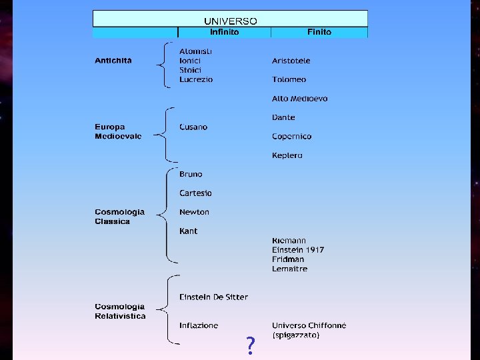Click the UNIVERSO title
[230, 21]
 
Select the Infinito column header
[224, 32]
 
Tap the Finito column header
[319, 32]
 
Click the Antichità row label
[113, 61]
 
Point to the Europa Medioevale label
[118, 131]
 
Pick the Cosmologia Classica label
[119, 217]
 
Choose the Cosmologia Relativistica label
[120, 311]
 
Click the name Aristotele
[291, 61]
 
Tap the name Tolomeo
[289, 79]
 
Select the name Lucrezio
[196, 79]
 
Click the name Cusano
[193, 127]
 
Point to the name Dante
[283, 117]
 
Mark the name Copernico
[291, 136]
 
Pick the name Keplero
[287, 155]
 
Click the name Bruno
[191, 174]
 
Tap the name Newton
[194, 212]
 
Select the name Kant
[188, 231]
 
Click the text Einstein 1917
[298, 250]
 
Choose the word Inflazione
[199, 325]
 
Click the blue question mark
[250, 345]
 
